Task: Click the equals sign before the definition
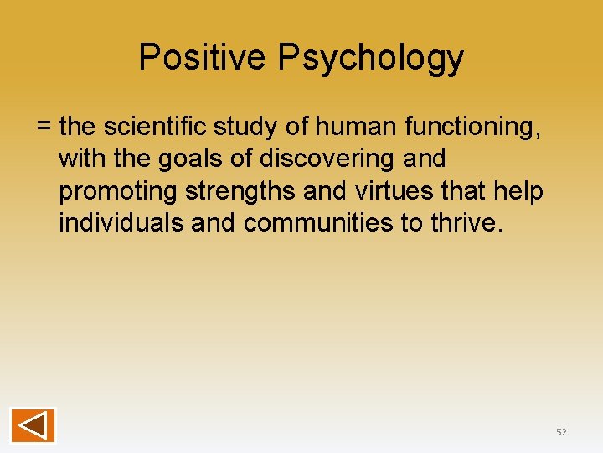coord(44,127)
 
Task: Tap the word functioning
coord(473,128)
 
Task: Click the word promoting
coord(118,192)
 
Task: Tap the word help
coord(520,191)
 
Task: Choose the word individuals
coord(121,224)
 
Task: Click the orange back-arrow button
coord(33,424)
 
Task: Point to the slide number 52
coord(561,432)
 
